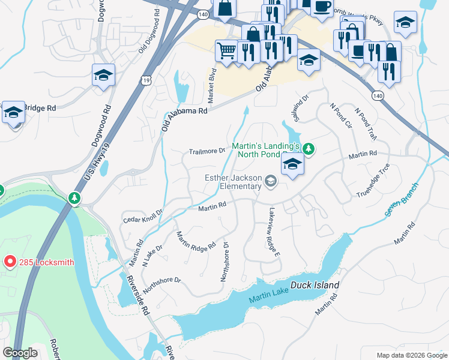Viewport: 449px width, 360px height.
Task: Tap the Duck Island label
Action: pos(315,286)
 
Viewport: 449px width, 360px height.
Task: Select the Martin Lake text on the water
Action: pos(268,290)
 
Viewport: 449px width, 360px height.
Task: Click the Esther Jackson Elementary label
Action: pos(234,182)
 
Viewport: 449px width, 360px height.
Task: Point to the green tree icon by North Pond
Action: pos(309,148)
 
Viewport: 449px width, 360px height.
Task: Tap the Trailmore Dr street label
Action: pos(206,151)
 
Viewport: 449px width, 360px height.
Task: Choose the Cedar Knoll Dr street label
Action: pos(143,216)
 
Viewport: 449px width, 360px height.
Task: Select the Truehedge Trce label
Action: pos(373,181)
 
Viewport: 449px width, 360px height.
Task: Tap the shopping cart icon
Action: pos(226,51)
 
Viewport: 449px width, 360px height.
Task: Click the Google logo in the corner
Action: pos(20,353)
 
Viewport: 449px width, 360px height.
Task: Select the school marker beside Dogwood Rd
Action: pos(103,76)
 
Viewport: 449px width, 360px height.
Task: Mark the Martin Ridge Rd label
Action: pos(195,242)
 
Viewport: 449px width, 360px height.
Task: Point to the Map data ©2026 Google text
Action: pos(411,355)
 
